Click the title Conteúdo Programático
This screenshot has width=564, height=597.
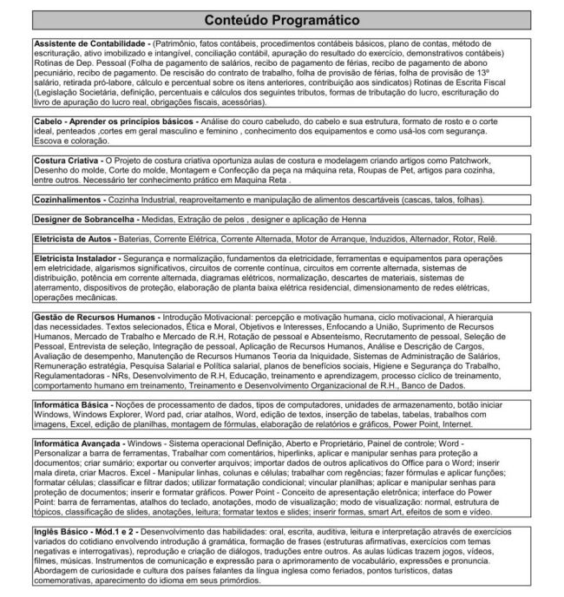point(282,20)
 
